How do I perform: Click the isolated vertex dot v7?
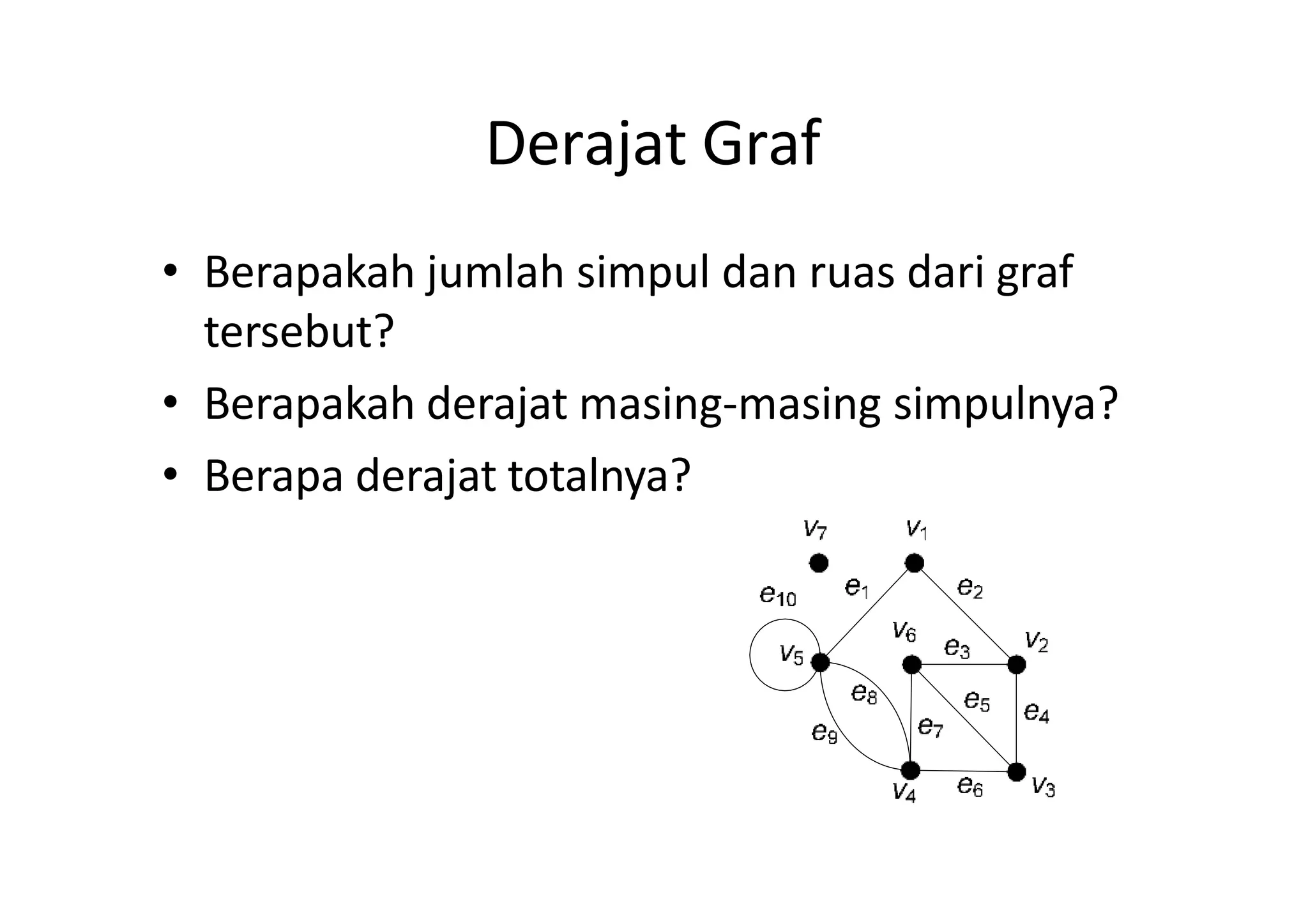tap(818, 563)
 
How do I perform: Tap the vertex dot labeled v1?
tap(914, 563)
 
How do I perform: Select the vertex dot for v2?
tap(1015, 665)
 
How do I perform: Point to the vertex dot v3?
tap(1016, 771)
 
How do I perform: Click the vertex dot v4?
tap(910, 770)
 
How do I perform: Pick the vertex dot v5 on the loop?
tap(820, 663)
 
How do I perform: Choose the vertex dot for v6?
tap(911, 665)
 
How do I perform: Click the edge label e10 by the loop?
tap(778, 595)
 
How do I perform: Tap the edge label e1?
tap(856, 587)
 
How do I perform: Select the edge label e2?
tap(970, 587)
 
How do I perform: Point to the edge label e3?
tap(957, 648)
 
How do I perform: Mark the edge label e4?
tap(1036, 711)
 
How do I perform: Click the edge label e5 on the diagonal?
tap(977, 701)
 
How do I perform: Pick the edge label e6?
tap(970, 785)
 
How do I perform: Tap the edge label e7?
tap(930, 727)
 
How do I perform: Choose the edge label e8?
tap(864, 693)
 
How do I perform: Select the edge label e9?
tap(824, 732)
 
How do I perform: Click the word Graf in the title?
tap(761, 144)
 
